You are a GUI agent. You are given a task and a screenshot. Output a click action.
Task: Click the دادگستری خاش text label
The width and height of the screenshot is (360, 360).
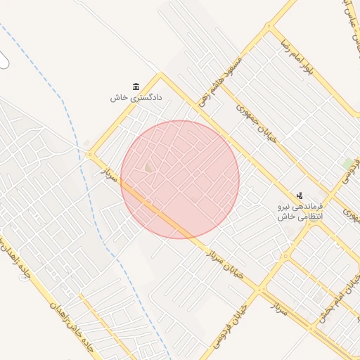click(x=136, y=98)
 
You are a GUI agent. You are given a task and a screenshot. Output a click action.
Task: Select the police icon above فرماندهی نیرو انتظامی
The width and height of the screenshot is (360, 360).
click(x=300, y=195)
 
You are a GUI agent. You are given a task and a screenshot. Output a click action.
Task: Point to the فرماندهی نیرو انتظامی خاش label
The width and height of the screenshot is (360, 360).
click(x=300, y=211)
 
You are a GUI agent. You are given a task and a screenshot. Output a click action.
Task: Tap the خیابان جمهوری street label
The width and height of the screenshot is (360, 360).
click(x=256, y=124)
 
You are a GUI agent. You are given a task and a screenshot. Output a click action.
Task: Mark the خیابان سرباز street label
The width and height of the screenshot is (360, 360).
click(x=225, y=264)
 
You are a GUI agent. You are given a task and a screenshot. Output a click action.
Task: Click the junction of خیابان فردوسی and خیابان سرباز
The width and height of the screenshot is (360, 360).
click(x=262, y=288)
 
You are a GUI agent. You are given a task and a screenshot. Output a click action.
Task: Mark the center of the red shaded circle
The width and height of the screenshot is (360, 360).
click(x=180, y=179)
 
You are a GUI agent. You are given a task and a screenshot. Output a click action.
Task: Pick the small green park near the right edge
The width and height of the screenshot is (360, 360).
click(x=347, y=164)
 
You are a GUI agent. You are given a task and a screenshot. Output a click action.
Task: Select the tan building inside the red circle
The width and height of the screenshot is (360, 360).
click(x=148, y=167)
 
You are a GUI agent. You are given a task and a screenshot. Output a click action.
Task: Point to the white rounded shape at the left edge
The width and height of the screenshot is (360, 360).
click(x=4, y=60)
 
